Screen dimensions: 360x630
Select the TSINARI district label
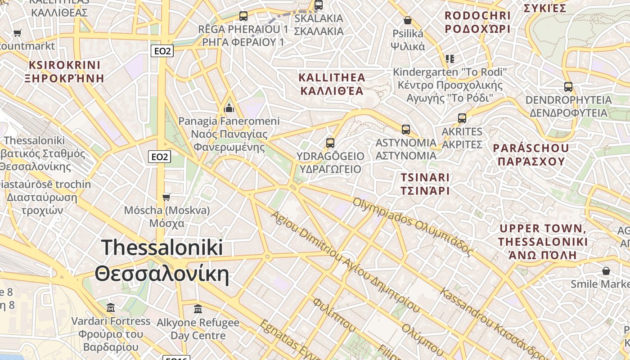coord(425,184)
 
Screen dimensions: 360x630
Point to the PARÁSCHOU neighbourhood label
coord(531,154)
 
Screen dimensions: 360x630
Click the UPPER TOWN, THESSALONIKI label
coord(543,242)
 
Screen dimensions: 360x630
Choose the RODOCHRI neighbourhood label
coord(477,22)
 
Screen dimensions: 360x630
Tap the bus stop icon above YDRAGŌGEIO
coord(330,143)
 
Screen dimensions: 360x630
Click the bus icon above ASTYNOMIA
coord(406,130)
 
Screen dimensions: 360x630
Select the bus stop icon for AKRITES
coord(462,118)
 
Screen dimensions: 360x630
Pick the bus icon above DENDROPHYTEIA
coord(568,87)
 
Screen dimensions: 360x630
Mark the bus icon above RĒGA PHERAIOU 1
coord(243,16)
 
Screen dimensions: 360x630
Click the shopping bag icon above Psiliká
coord(408,20)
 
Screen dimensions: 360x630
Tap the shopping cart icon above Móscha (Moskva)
coord(166,197)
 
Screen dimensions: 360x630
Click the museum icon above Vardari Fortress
coord(111,308)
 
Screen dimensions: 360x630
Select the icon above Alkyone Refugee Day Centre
coord(198,309)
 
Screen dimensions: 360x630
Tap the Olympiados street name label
coord(413,227)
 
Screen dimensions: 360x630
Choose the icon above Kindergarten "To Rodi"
coord(450,59)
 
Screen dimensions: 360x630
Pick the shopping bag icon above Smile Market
coord(606,271)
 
